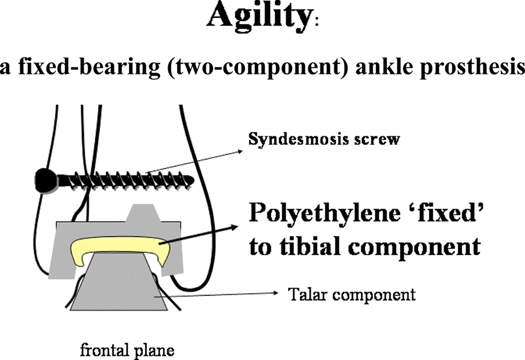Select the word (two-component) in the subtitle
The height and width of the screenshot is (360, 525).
pos(259,68)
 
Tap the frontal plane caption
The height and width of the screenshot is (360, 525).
pos(127,351)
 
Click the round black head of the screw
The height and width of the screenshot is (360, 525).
pos(46,181)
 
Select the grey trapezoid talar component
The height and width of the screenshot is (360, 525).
pos(119,282)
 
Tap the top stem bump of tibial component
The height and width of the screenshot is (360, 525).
pos(142,213)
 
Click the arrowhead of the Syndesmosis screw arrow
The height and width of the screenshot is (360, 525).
pos(240,152)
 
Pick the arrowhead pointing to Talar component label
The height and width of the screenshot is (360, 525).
pos(275,293)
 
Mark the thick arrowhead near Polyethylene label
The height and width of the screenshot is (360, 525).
pos(234,228)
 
